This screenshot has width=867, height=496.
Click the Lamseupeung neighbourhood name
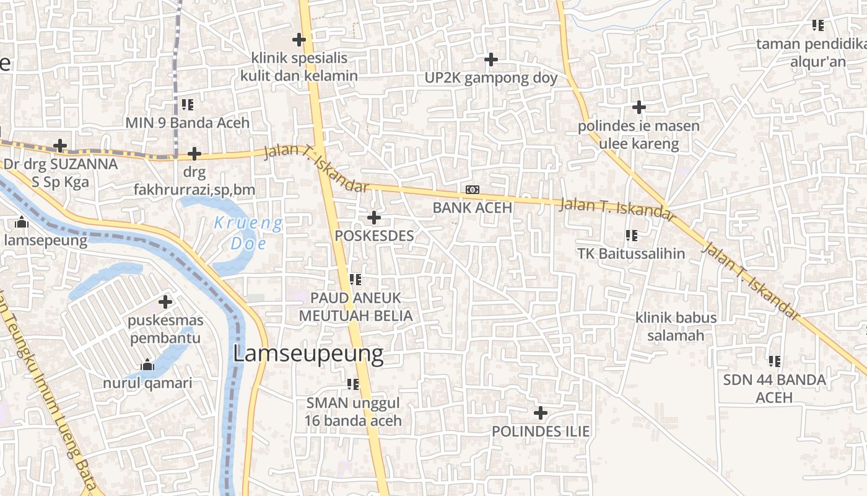pos(308,354)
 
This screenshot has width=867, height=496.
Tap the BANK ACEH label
pos(472,208)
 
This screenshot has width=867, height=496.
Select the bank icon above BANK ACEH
pos(472,189)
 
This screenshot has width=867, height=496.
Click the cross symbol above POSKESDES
pos(373,218)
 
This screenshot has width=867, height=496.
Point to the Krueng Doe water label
pos(248,232)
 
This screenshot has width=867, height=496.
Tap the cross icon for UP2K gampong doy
pos(490,60)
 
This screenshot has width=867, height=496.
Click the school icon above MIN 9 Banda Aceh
pos(188,104)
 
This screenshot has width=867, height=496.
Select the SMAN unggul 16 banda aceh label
pos(353,412)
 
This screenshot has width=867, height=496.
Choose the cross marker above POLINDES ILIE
pos(541,412)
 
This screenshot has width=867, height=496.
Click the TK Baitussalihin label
pos(631,254)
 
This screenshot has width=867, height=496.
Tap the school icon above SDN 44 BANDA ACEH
pos(774,361)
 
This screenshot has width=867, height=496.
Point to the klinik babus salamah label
pos(676,327)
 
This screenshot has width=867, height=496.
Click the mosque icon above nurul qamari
pos(147,365)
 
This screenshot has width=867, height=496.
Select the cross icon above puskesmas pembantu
pos(165,302)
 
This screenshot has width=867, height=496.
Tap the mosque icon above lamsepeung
pos(22,222)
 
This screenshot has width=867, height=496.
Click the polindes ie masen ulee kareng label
pos(638,135)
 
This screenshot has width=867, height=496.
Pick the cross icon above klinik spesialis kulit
pos(299,40)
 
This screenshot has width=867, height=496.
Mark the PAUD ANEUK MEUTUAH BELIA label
pos(355,307)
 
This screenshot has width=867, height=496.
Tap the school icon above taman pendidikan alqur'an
pos(817,25)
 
